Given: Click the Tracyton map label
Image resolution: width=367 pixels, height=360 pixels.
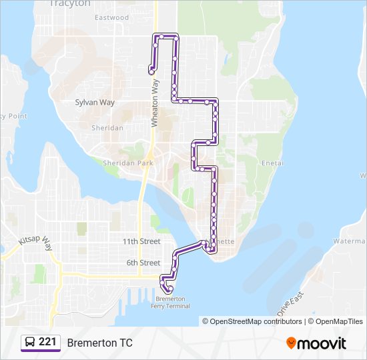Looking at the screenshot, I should tap(70, 3).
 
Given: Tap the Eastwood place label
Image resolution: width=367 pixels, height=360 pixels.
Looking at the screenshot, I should tap(111, 17).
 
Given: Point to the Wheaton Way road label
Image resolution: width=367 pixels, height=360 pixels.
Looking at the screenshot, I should tap(155, 103).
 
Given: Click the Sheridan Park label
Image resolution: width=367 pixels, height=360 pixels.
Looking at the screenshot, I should tap(128, 163).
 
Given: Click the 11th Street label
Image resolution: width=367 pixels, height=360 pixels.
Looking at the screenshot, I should tap(141, 241).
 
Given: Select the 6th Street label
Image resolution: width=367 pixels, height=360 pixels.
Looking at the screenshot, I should tap(143, 263).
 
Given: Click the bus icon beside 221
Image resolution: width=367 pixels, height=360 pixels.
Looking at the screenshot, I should tap(30, 342).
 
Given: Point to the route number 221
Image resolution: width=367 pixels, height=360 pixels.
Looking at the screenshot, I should tap(47, 342).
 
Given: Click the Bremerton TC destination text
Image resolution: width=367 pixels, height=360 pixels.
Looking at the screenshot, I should tap(99, 343).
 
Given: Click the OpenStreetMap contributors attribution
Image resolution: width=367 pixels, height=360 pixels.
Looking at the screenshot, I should tap(252, 321).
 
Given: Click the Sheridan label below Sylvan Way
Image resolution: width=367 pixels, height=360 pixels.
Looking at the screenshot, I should tap(107, 127).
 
